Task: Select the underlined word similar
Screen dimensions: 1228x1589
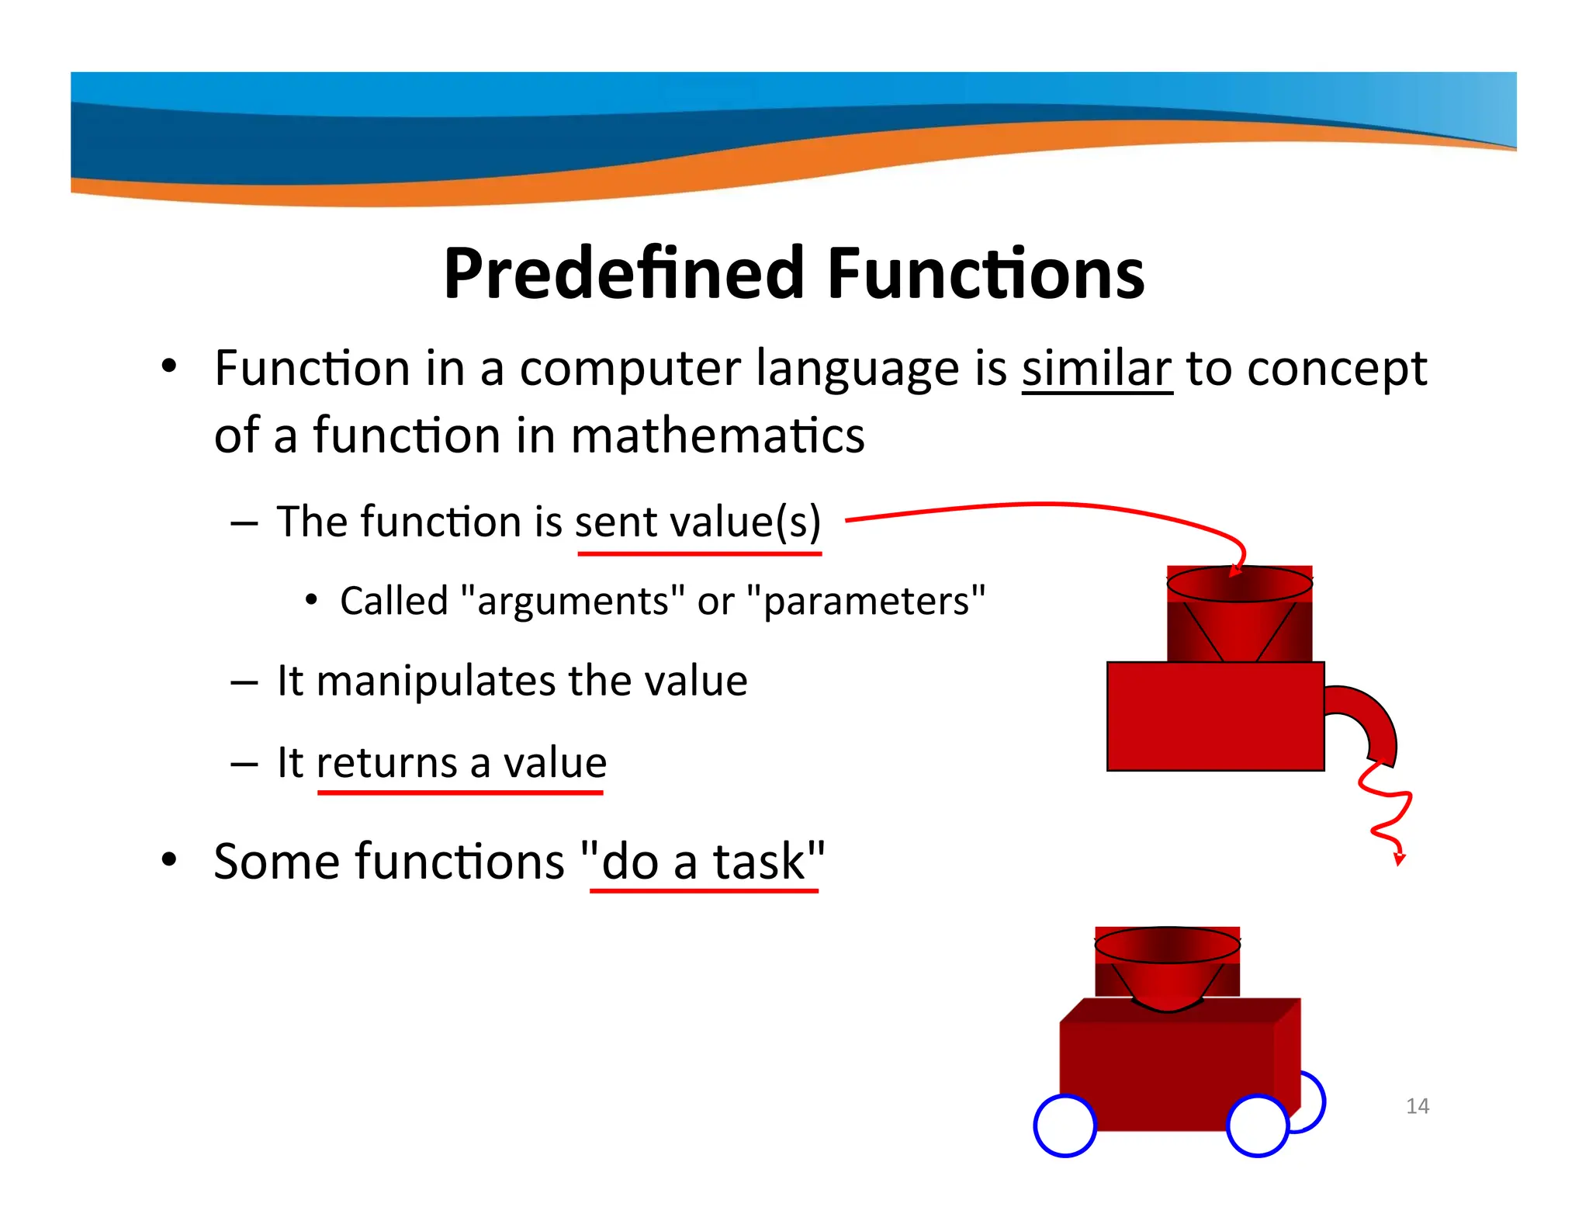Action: pos(1096,368)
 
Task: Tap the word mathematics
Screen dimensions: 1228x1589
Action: pos(718,435)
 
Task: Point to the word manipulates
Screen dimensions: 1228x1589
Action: pos(436,681)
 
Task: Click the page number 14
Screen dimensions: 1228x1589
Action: pos(1417,1105)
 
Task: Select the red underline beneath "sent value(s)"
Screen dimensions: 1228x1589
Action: pos(699,553)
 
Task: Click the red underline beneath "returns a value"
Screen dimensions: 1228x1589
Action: pos(460,793)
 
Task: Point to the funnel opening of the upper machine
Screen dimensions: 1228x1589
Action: pos(1239,584)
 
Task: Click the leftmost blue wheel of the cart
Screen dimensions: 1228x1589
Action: pos(1065,1126)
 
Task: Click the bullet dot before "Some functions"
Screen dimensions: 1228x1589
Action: pos(169,860)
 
